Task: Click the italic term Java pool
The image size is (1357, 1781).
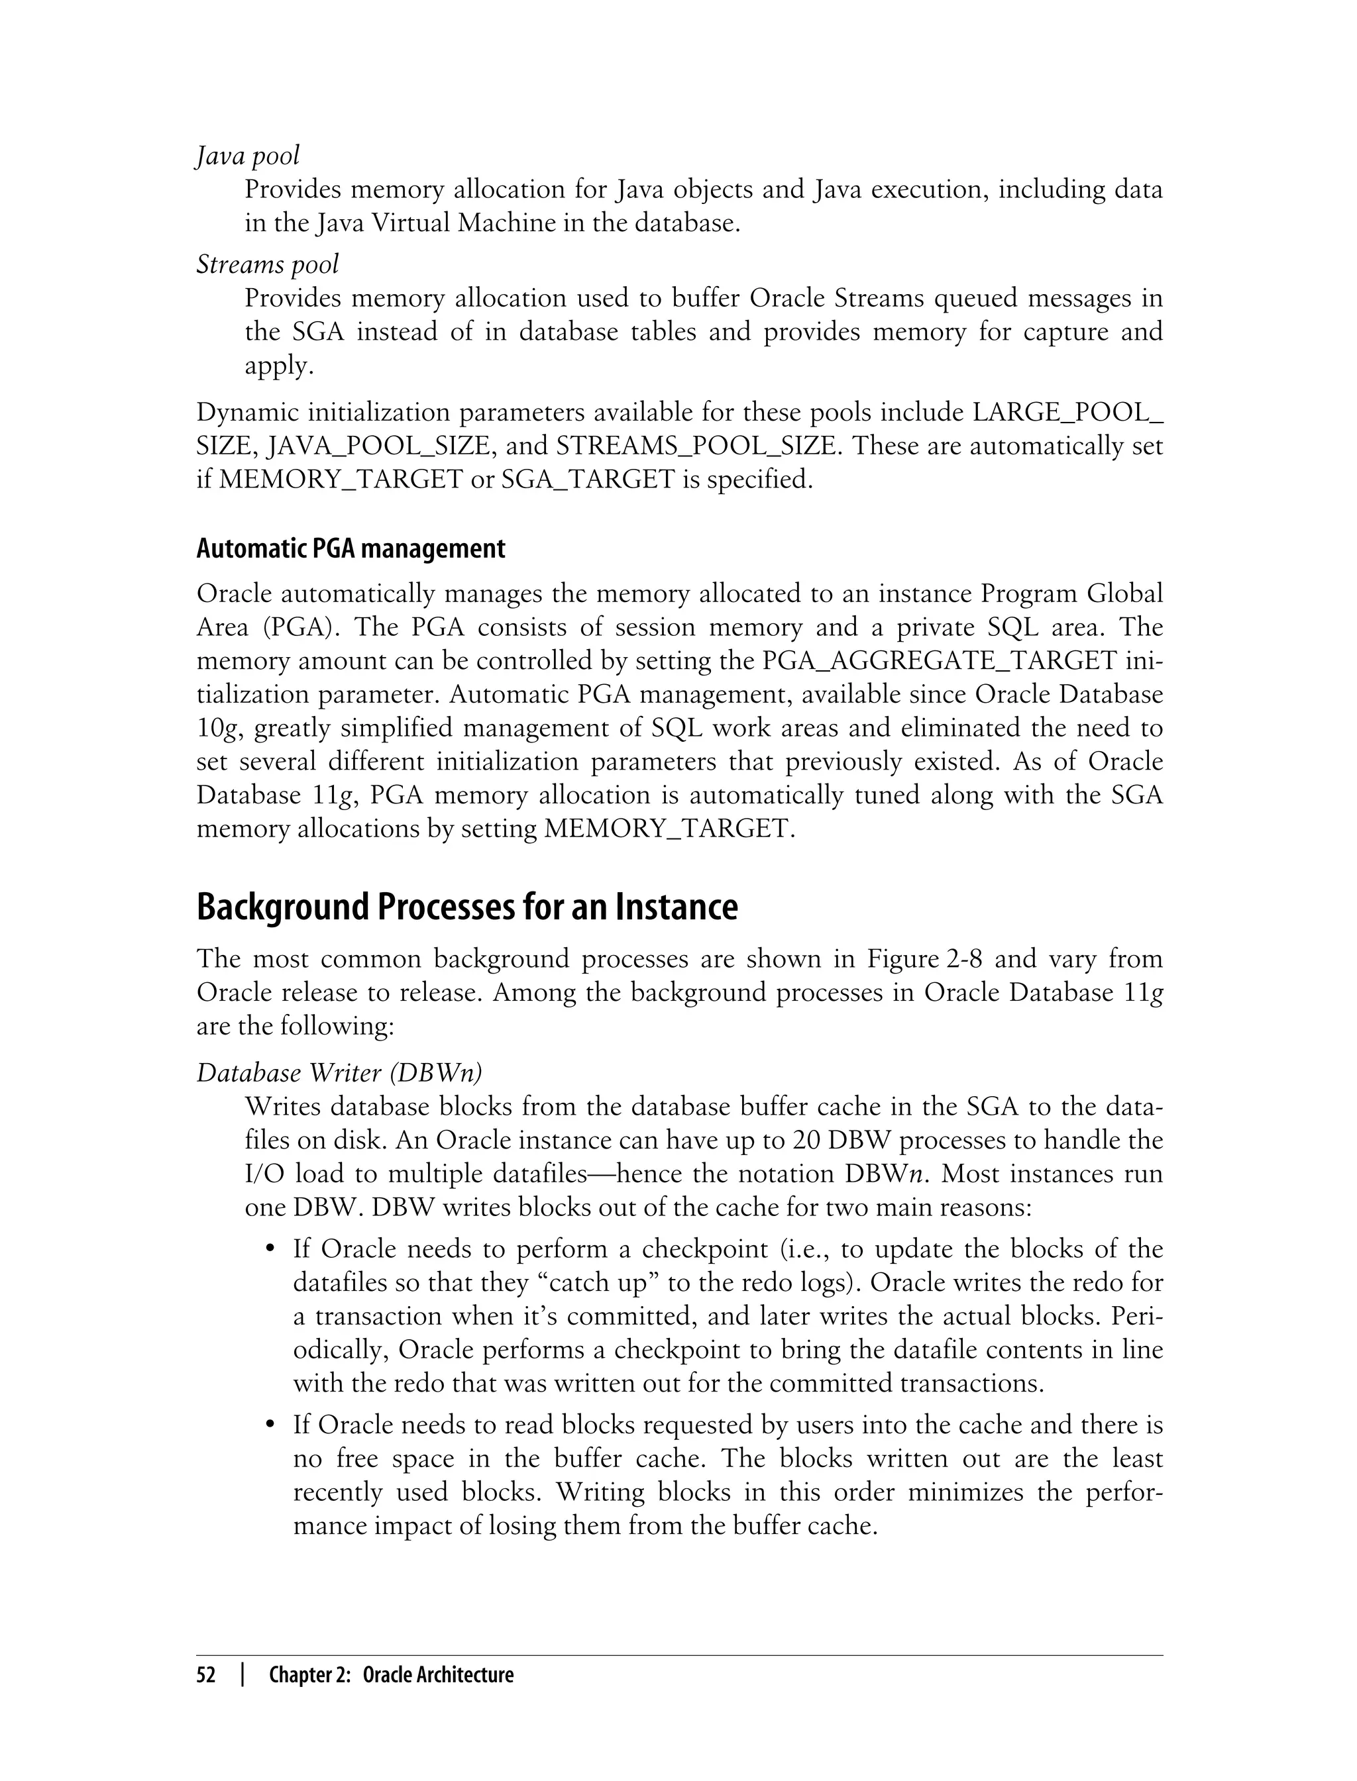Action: click(x=247, y=156)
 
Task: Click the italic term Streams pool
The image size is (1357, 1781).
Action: click(x=268, y=265)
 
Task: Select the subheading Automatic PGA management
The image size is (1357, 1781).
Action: click(x=351, y=549)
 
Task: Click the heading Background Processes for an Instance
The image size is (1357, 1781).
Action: click(x=467, y=907)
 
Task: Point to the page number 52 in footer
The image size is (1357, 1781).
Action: click(x=207, y=1675)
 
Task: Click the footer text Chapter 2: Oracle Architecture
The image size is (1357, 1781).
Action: click(x=391, y=1675)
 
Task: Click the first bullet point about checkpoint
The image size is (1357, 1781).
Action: click(x=272, y=1250)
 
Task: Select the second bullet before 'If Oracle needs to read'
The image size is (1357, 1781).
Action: click(x=272, y=1425)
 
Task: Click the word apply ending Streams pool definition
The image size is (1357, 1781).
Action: click(x=277, y=366)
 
